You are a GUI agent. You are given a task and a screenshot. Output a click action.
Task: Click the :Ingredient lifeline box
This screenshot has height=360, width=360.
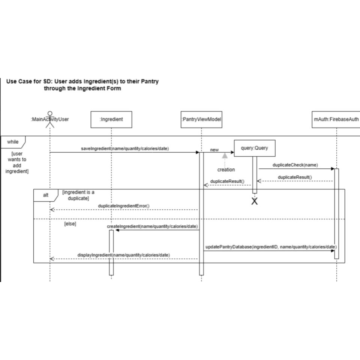[x=111, y=120]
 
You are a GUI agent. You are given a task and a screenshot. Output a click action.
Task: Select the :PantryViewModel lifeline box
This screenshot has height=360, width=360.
[x=201, y=120]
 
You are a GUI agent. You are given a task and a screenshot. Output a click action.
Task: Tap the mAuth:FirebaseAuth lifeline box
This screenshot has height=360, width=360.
[x=336, y=120]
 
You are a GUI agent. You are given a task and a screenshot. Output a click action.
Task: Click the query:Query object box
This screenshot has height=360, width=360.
[x=255, y=148]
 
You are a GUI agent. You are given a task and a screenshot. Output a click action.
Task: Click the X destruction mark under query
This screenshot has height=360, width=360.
[x=255, y=201]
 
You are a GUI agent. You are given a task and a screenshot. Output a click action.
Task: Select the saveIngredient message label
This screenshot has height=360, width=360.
[x=125, y=148]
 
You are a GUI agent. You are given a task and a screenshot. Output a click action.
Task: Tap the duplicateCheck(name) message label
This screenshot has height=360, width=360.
[x=295, y=165]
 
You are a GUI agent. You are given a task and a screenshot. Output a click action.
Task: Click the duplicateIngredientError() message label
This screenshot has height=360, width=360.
[x=124, y=206]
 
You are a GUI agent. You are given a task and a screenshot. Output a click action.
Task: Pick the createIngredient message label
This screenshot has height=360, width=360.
[x=152, y=226]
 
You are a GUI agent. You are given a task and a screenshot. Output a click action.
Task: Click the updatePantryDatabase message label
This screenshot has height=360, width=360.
[x=271, y=247]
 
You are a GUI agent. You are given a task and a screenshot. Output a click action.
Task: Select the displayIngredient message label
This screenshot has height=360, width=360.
[x=123, y=255]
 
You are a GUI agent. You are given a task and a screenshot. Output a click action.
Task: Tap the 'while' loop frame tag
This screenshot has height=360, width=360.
[x=13, y=142]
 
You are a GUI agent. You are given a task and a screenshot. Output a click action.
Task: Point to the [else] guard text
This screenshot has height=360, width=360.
[x=70, y=224]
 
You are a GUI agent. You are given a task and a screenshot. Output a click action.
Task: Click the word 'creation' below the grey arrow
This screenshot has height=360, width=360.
[x=226, y=169]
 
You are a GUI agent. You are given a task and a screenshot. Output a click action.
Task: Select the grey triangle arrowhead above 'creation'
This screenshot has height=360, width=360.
[x=225, y=155]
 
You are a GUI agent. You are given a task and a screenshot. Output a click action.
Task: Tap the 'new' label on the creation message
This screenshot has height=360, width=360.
[x=214, y=150]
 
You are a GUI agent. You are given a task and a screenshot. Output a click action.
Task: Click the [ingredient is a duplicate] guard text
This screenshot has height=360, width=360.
[x=78, y=195]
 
